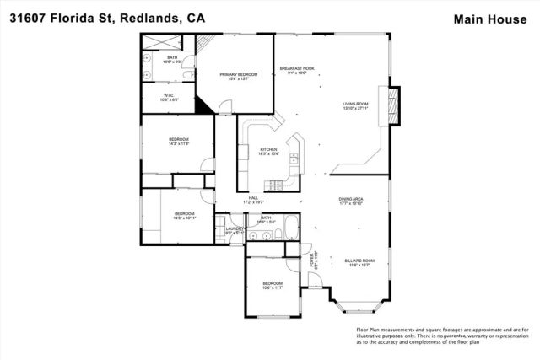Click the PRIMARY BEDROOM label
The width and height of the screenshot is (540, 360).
pos(238,75)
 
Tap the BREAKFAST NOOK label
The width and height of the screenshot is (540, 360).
pos(298,68)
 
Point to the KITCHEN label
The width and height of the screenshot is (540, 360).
pos(268,150)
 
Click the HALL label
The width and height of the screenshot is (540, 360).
pos(253,198)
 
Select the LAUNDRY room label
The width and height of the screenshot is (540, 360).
pos(235,228)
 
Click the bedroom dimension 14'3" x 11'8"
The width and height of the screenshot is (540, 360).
pos(178,143)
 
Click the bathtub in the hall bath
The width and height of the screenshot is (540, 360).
pos(290,226)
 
